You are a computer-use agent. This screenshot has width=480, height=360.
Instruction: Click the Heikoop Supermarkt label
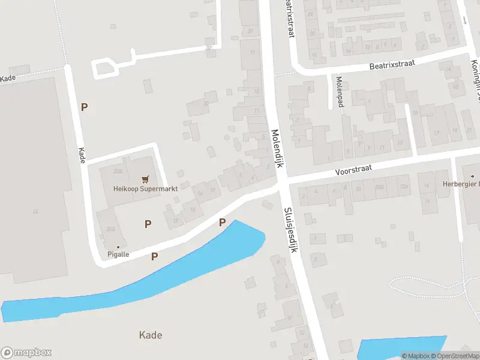[146, 188]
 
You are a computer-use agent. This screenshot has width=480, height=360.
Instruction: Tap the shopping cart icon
[145, 179]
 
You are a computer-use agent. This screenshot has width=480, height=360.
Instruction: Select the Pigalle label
[118, 254]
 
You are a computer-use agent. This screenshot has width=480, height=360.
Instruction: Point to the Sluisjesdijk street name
[290, 230]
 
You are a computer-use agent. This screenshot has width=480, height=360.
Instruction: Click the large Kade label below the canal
[150, 335]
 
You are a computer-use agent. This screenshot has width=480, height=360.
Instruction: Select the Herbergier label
[461, 184]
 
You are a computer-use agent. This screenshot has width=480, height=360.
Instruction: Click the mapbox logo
[26, 353]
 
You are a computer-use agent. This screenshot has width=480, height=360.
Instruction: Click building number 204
[111, 229]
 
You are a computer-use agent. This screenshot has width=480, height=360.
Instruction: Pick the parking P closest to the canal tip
[222, 223]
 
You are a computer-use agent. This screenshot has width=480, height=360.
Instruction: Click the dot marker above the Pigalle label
[118, 247]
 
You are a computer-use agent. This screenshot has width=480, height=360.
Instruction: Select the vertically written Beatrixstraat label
[290, 18]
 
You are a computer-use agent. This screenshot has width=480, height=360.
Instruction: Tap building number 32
[208, 48]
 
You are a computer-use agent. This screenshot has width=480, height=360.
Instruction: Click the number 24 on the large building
[35, 211]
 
